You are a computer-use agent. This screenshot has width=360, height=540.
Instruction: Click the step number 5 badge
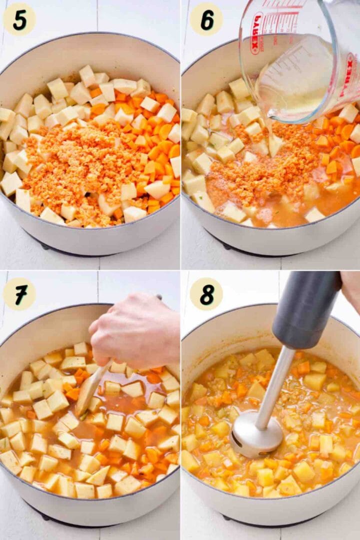point(19,19)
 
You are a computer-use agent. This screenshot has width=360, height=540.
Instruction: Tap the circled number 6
point(206,19)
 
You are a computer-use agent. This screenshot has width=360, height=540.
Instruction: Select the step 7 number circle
point(19,294)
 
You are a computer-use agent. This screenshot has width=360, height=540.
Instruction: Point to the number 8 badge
point(206,294)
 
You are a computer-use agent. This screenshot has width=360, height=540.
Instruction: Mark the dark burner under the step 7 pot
point(50,515)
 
